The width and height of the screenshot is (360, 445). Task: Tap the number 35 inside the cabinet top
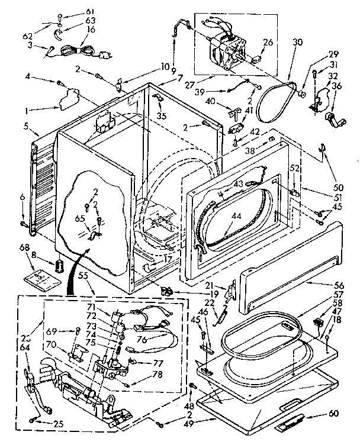coord(160,116)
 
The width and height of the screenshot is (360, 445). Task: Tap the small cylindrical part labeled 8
coord(59,265)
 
